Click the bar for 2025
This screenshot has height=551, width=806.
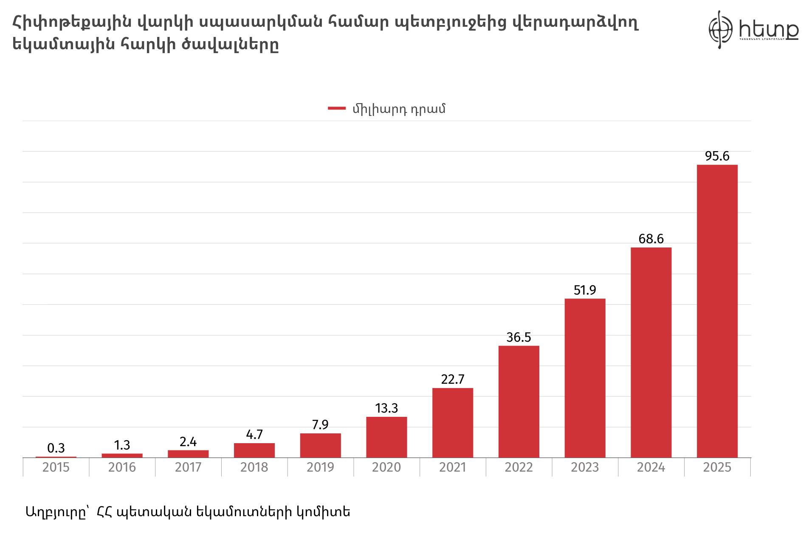[x=717, y=311]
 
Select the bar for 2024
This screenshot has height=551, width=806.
[x=651, y=352]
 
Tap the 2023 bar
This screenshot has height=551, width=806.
[x=585, y=378]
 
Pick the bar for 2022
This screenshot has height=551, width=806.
[x=519, y=402]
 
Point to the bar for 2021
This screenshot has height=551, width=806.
[x=452, y=423]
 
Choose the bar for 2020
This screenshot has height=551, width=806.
[x=386, y=437]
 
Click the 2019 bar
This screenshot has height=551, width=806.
[x=320, y=445]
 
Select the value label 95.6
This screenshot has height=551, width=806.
[x=717, y=156]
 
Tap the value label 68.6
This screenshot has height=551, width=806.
[x=651, y=239]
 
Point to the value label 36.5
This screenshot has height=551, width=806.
[x=519, y=337]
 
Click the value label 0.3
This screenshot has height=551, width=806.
[x=56, y=448]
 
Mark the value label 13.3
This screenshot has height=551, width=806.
[x=386, y=408]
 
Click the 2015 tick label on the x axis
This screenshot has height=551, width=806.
[x=56, y=467]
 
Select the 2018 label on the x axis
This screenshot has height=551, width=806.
[x=254, y=467]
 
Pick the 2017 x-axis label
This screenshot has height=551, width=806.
[x=188, y=467]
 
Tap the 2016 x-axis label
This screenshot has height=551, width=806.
[x=122, y=467]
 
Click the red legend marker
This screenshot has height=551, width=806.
[x=336, y=109]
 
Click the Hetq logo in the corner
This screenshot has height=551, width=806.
[x=752, y=30]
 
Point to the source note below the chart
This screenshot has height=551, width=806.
[x=188, y=512]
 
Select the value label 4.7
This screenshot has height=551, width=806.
[x=254, y=434]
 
